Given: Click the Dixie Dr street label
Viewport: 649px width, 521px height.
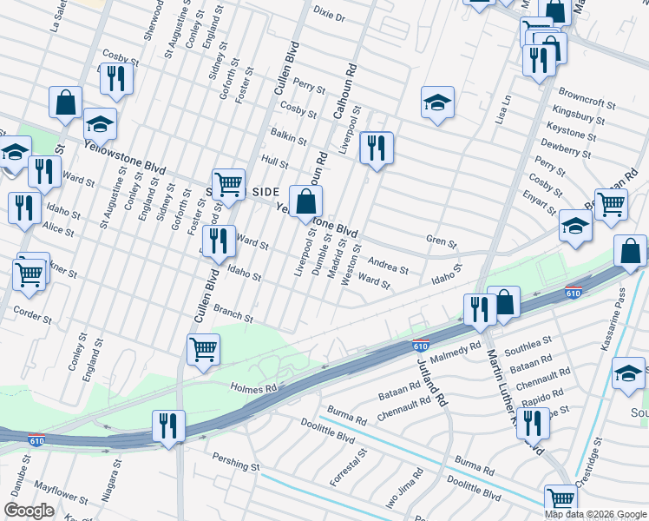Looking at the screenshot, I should (x=329, y=16).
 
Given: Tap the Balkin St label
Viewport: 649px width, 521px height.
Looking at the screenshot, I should (x=288, y=136).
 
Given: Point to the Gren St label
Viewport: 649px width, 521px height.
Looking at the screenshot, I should (x=441, y=240).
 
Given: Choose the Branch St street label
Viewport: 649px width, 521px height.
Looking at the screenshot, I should (x=233, y=313).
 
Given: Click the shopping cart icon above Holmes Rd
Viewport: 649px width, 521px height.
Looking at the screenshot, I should (x=203, y=349).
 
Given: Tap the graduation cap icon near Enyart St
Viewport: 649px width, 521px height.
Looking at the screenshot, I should (x=574, y=226).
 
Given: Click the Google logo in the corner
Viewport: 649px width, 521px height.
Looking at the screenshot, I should (x=29, y=510).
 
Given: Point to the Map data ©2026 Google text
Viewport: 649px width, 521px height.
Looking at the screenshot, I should (x=595, y=514).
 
